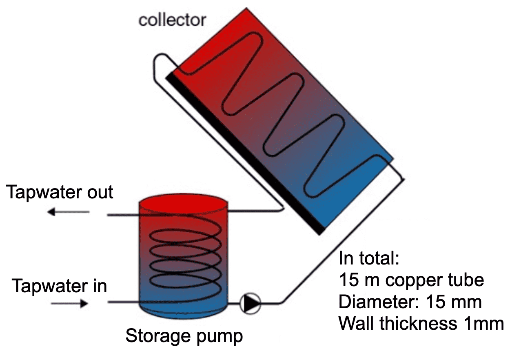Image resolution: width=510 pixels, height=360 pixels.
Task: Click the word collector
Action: [172, 19]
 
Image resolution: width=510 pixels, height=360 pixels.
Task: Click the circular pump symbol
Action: [251, 303]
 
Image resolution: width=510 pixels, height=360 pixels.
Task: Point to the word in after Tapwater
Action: [98, 286]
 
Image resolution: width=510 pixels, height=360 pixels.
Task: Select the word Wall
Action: [355, 324]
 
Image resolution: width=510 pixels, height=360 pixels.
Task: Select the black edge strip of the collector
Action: [245, 155]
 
